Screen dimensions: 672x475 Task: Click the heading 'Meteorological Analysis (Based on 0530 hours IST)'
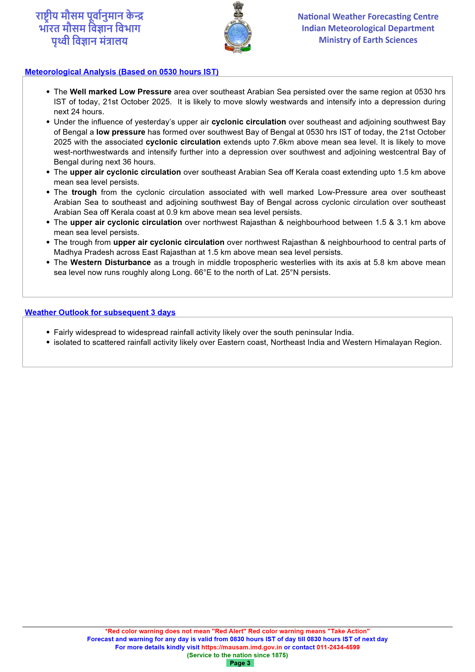pyautogui.click(x=122, y=72)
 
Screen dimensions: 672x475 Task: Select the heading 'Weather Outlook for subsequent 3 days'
pyautogui.click(x=100, y=312)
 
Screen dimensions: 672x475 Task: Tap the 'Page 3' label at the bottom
pyautogui.click(x=240, y=663)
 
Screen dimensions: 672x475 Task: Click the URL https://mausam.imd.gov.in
pyautogui.click(x=242, y=647)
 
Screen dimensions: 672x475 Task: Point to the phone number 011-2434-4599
pyautogui.click(x=338, y=647)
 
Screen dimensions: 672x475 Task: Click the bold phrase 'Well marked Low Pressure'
pyautogui.click(x=121, y=92)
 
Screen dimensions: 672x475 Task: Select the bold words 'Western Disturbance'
pyautogui.click(x=111, y=262)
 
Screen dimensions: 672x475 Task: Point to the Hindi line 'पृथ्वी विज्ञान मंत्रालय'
pyautogui.click(x=90, y=41)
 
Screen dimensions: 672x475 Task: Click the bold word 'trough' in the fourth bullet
pyautogui.click(x=84, y=192)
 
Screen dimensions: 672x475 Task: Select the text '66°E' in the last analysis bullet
pyautogui.click(x=203, y=273)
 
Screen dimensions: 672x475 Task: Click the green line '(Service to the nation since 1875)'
pyautogui.click(x=237, y=655)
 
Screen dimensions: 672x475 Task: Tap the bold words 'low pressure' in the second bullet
pyautogui.click(x=121, y=132)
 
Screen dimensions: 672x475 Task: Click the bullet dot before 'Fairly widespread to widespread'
pyautogui.click(x=48, y=332)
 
